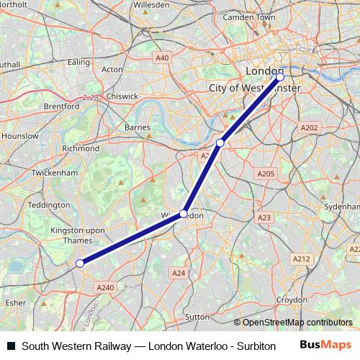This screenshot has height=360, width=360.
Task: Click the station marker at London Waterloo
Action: tap(280, 76)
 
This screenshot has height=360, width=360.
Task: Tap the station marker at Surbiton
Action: tap(80, 264)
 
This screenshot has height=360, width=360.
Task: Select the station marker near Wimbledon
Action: tap(184, 214)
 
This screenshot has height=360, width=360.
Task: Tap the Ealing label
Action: tap(78, 63)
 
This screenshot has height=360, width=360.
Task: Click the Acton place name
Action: tap(112, 70)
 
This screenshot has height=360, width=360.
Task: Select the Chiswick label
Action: tap(121, 96)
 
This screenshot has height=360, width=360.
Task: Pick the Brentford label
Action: tap(61, 106)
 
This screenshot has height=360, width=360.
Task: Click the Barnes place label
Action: tap(137, 127)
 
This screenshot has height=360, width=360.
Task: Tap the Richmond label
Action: tap(81, 148)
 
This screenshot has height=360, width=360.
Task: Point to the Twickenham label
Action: tap(54, 174)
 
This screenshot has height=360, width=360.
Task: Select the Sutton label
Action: tap(197, 316)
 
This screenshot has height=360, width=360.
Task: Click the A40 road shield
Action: tap(161, 58)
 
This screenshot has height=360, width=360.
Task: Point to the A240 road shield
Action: tap(105, 287)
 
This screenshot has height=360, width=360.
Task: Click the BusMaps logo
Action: tap(325, 345)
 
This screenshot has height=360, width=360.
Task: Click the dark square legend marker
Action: tap(11, 346)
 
